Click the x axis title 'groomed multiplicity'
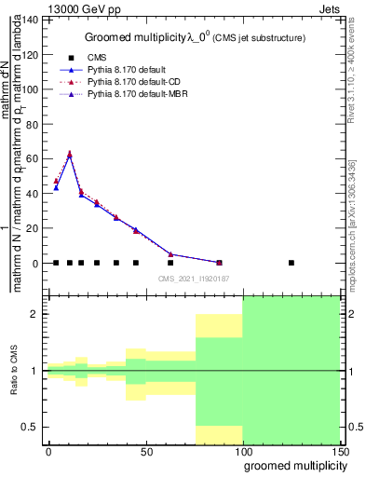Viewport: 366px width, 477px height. click(x=291, y=466)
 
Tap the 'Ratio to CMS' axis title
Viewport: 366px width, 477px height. click(x=14, y=371)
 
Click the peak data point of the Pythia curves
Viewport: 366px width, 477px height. click(x=69, y=155)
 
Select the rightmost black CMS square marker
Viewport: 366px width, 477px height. click(x=291, y=263)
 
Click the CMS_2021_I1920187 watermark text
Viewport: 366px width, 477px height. click(x=193, y=279)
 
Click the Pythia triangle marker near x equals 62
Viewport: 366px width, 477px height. click(x=170, y=253)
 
